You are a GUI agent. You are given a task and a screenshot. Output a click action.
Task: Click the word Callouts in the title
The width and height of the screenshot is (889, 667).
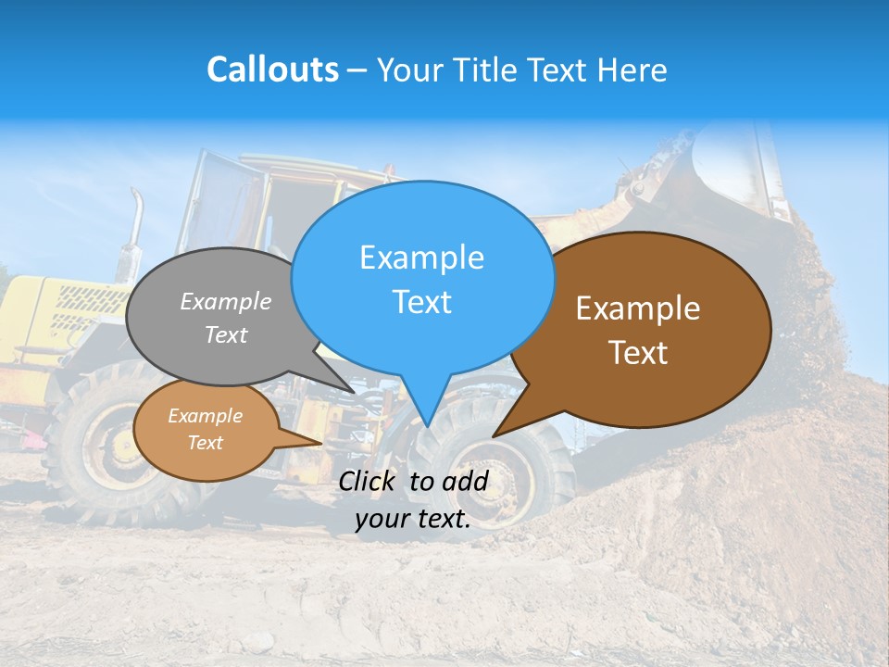272,69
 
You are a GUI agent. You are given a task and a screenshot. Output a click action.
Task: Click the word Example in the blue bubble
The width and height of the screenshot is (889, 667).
421,258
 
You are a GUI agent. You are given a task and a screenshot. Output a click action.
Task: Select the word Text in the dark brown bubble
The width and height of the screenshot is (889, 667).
637,353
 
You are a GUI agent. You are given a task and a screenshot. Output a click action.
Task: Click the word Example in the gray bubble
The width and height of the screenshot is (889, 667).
226,301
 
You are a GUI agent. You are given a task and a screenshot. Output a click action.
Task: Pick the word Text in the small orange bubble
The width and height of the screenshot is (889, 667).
205,443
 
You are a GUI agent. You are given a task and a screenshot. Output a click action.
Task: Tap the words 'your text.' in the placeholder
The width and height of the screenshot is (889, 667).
413,519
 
